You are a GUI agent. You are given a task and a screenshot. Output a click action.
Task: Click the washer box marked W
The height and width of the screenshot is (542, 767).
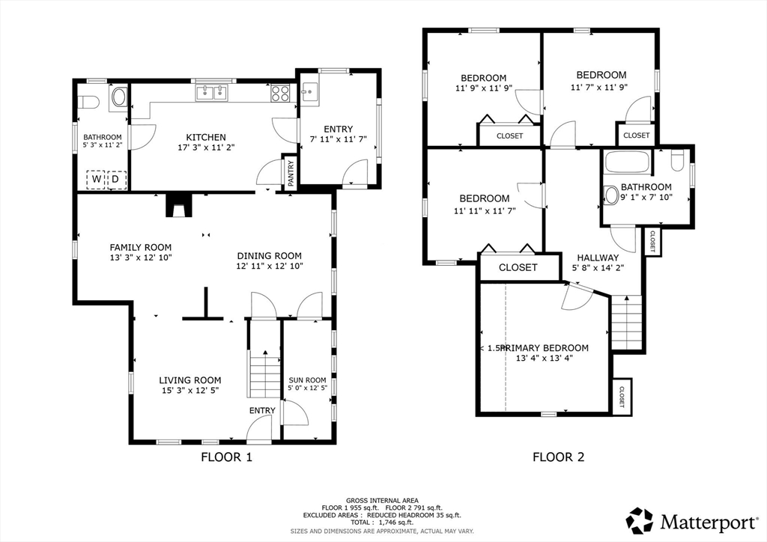[96, 180]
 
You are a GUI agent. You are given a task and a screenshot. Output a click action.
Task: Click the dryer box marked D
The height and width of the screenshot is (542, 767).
[116, 180]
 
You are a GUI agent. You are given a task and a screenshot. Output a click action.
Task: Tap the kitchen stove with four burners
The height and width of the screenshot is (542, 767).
[280, 93]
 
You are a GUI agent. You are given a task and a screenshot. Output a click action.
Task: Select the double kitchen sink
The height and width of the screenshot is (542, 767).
[212, 92]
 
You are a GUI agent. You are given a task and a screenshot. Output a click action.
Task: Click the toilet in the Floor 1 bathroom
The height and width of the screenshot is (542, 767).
[88, 102]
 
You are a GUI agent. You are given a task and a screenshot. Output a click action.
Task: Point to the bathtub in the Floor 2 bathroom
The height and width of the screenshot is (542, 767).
[628, 162]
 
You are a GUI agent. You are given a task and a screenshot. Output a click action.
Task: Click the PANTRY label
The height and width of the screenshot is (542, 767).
[291, 173]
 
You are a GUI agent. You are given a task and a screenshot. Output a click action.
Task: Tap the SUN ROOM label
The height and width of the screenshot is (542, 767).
[307, 380]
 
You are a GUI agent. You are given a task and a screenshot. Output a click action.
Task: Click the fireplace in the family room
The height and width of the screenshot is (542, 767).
[175, 205]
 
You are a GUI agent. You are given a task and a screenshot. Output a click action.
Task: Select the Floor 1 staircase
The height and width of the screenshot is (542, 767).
[264, 373]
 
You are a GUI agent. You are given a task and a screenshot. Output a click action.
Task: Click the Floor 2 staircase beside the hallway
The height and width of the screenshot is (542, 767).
[627, 322]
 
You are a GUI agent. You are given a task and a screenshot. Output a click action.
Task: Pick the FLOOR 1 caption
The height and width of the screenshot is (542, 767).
[227, 457]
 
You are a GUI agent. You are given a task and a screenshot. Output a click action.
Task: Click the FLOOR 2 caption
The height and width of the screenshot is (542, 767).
[559, 457]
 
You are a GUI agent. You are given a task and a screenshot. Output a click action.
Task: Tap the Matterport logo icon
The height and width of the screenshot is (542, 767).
[640, 520]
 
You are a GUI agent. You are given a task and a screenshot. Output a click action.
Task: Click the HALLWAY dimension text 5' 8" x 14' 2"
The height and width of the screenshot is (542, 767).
[598, 268]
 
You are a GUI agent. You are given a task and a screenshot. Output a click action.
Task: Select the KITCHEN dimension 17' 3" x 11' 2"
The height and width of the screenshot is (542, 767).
[206, 147]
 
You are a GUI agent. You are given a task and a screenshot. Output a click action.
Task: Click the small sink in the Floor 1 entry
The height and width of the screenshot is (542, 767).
[309, 92]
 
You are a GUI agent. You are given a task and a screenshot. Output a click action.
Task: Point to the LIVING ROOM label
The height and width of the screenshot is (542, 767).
[190, 380]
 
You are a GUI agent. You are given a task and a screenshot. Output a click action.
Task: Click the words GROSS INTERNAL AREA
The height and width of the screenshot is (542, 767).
[382, 501]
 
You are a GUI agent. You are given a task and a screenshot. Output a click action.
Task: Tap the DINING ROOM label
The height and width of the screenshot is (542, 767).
[270, 255]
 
